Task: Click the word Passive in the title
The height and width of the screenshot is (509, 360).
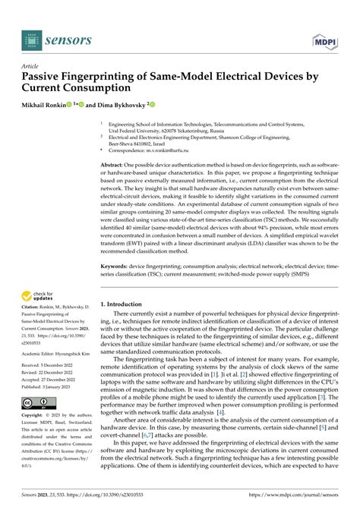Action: (x=46, y=77)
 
